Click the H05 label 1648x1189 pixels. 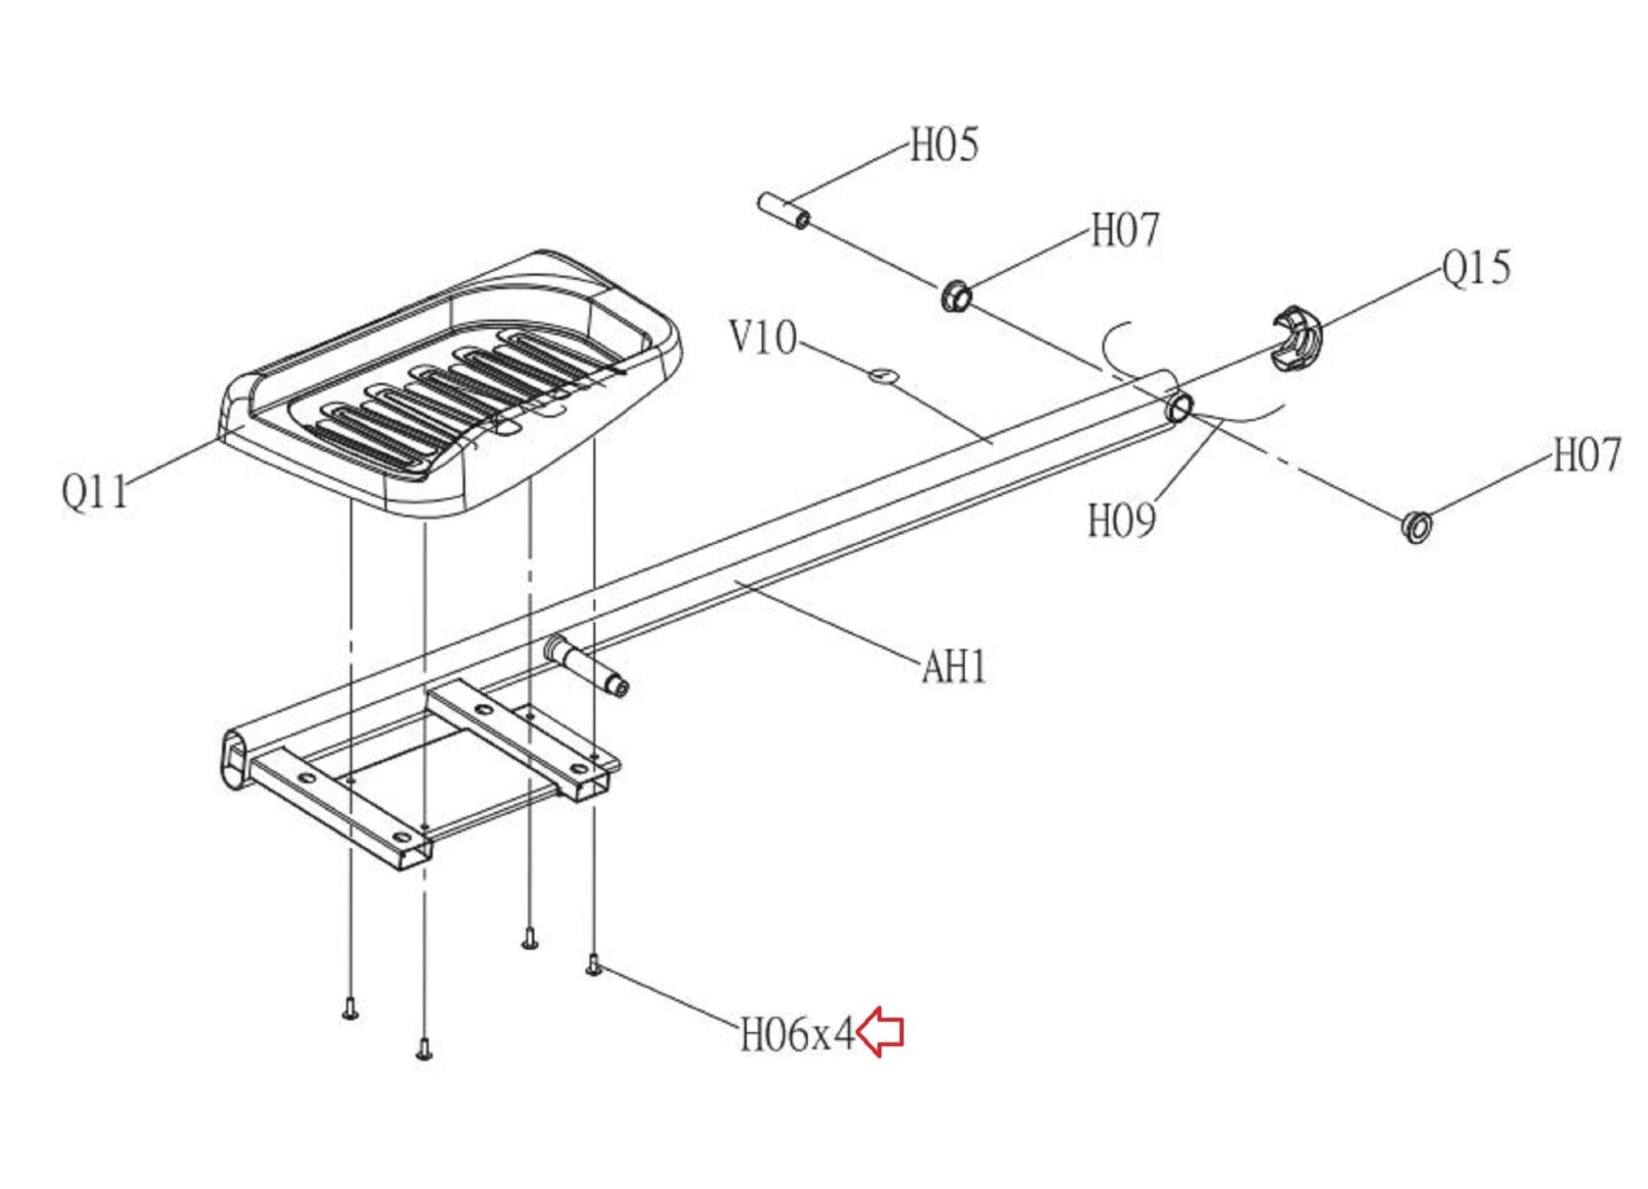click(944, 146)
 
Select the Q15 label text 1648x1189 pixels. click(1476, 268)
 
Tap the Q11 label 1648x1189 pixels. click(95, 492)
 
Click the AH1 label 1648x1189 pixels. click(954, 667)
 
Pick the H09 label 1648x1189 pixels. click(1122, 520)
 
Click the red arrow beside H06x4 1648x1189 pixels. click(880, 1031)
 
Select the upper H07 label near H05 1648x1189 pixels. click(1125, 231)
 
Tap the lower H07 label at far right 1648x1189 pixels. click(1586, 455)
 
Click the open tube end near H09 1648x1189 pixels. click(1180, 408)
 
